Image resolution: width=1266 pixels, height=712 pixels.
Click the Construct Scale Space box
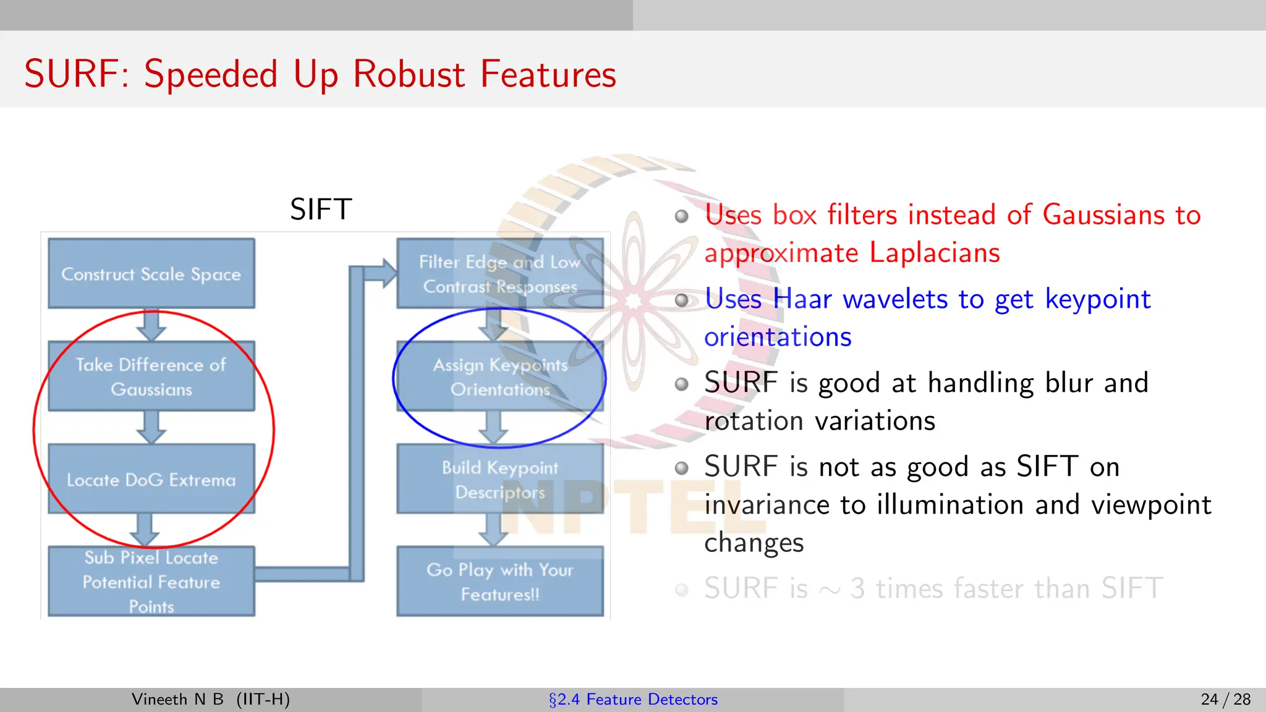point(151,274)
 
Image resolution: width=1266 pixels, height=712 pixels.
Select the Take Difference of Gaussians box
point(151,376)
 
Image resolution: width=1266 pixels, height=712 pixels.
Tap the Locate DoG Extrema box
point(151,479)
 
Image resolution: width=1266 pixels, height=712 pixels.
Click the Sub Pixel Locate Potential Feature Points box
point(151,582)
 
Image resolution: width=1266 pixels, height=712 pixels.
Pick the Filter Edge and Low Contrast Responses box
point(499,274)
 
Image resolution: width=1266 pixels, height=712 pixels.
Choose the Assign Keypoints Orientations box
point(499,376)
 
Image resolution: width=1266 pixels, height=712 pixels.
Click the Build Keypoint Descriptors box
point(499,479)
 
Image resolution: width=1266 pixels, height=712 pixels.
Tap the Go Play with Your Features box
point(499,582)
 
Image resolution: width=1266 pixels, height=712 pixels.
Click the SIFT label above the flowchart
point(321,210)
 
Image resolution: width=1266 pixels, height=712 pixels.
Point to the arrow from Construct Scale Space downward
point(151,325)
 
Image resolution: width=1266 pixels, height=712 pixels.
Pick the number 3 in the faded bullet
point(857,588)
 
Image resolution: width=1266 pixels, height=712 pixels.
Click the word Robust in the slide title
point(409,74)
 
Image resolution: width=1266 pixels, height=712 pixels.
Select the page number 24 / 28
point(1225,700)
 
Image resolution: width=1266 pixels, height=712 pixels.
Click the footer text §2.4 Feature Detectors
point(633,700)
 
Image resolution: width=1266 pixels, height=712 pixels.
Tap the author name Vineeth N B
point(177,700)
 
